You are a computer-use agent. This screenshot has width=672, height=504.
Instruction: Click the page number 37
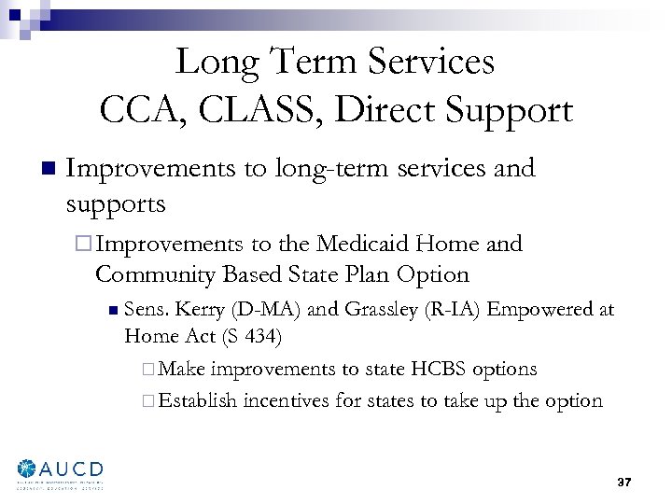pos(624,483)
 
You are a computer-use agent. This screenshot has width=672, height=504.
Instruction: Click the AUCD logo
pos(60,472)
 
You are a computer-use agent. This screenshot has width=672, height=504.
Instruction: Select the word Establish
pos(198,401)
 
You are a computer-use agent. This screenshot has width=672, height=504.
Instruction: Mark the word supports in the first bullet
pos(116,203)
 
